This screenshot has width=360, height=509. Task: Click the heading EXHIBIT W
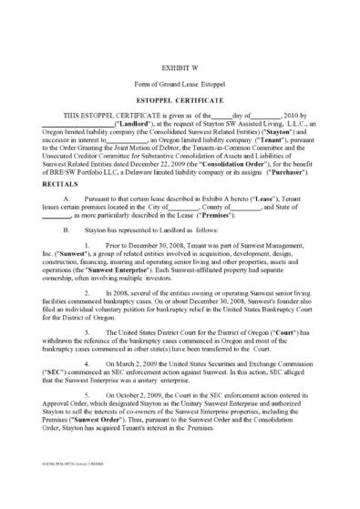[x=180, y=67]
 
